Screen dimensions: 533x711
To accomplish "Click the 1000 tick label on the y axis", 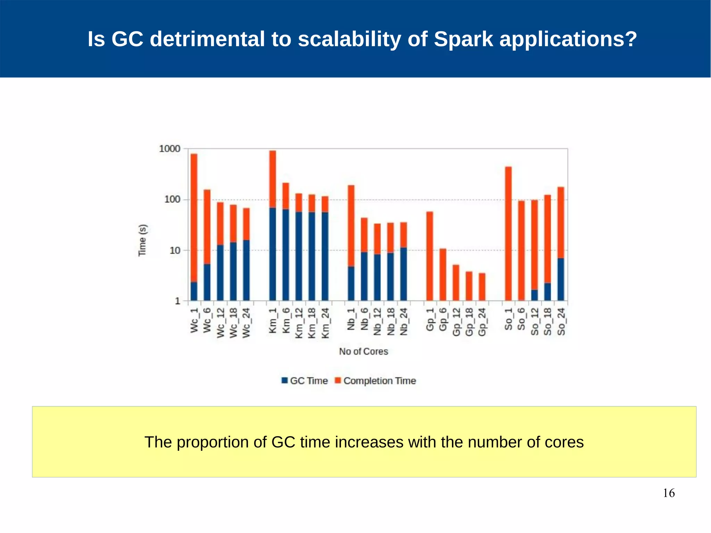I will point(170,149).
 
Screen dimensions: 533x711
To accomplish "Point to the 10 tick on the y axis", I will point(175,250).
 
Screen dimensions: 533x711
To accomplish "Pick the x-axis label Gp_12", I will point(456,322).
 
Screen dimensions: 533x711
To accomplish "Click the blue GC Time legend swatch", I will point(285,381).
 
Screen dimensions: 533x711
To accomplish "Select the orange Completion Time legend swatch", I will point(337,381).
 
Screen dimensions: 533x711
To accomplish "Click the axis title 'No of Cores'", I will point(363,351).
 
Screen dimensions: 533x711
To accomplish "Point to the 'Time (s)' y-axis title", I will point(142,240).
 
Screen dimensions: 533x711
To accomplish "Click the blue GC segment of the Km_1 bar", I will point(273,254).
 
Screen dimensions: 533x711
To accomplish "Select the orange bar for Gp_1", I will point(430,256).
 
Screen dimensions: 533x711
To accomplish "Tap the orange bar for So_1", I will point(508,233).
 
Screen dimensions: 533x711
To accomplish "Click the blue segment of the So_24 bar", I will point(561,279).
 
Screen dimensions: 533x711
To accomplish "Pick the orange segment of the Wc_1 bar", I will point(194,217).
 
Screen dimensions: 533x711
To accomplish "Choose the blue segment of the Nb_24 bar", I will point(403,274).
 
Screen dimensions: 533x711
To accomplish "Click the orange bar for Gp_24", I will point(482,287).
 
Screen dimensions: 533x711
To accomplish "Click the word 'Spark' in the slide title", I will point(463,39).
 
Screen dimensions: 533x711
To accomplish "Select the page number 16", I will point(669,493).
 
